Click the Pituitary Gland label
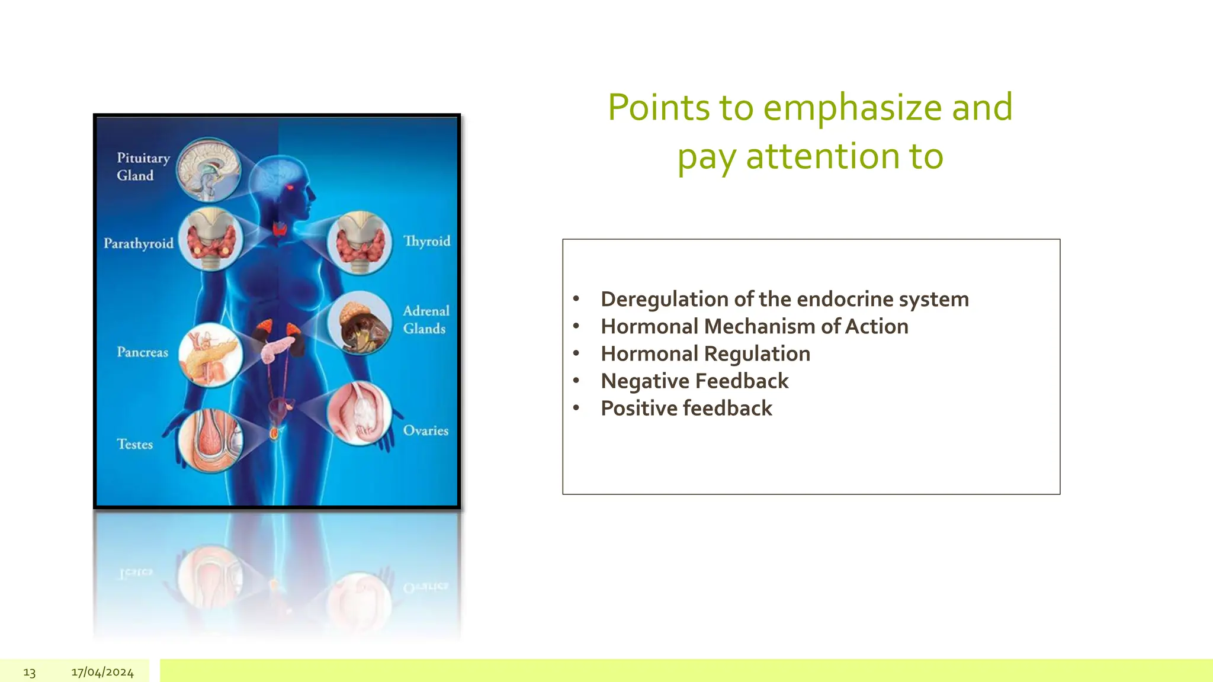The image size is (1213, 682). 143,166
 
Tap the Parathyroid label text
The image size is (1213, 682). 139,243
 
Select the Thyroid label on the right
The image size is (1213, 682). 426,241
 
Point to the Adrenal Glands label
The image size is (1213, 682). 425,320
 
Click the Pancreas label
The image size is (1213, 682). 142,352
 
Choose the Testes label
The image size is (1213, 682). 134,444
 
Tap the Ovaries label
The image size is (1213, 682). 425,430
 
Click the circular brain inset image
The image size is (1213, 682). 208,170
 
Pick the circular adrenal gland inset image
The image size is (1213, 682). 360,323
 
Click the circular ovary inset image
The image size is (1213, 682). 359,413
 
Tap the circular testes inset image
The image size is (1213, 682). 210,441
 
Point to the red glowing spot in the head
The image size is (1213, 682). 290,188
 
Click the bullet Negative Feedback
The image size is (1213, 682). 694,381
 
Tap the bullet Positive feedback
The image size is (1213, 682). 686,408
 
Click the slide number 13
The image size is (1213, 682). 30,673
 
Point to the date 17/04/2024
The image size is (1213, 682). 102,672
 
